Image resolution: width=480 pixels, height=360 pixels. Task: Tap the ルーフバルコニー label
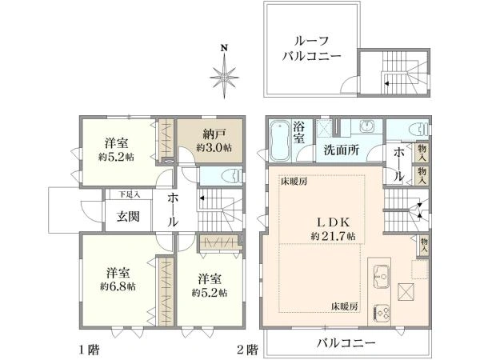[x=311, y=49]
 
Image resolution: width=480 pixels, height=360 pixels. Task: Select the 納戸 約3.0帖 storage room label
[x=214, y=141]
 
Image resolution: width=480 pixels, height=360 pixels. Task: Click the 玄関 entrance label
[x=128, y=217]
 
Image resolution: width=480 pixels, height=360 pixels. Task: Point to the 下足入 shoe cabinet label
[x=129, y=194]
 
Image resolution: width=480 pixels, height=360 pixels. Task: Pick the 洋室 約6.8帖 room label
[x=118, y=279]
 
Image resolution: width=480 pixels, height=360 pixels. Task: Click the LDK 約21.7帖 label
[x=333, y=229]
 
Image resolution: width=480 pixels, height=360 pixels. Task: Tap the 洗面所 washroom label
[x=342, y=150]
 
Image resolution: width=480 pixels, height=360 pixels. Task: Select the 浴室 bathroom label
[x=298, y=132]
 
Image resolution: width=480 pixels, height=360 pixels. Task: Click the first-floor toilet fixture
[x=232, y=177]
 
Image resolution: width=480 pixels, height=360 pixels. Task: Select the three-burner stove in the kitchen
[x=382, y=313]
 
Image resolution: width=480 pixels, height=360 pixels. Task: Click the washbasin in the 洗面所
[x=366, y=126]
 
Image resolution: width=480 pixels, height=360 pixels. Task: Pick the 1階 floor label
[x=90, y=350]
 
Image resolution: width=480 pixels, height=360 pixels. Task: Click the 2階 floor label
[x=248, y=350]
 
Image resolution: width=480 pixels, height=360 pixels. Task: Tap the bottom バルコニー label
[x=346, y=342]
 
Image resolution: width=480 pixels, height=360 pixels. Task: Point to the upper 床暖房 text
[x=294, y=182]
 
